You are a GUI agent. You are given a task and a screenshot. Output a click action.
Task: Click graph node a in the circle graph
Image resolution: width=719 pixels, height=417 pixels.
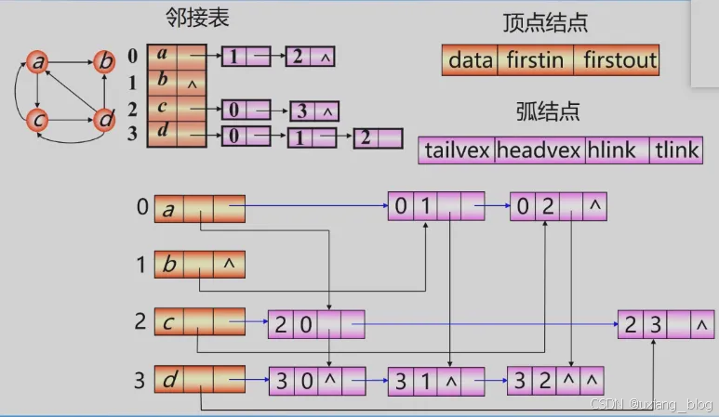coord(38,63)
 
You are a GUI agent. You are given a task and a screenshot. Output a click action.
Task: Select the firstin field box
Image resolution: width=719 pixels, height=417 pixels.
coord(537,61)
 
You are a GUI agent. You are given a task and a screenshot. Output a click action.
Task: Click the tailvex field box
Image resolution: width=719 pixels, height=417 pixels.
coord(457,150)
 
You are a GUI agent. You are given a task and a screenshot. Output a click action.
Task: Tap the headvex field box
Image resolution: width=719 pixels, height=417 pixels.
coord(539,150)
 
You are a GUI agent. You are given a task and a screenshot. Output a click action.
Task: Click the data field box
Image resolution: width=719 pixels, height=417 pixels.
coord(471,61)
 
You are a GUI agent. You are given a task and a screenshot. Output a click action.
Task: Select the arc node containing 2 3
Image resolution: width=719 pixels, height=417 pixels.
coord(666,324)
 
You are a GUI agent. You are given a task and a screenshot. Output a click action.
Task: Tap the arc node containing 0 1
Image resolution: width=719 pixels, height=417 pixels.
coord(436,206)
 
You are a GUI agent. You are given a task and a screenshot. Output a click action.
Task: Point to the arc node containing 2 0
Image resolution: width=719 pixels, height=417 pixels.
coord(316,324)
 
